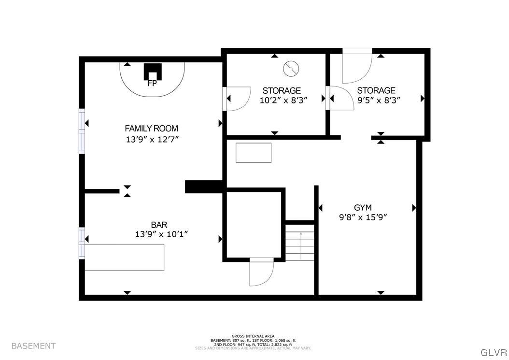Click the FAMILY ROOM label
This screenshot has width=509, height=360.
[151, 129]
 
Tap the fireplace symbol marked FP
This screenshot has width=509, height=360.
[153, 73]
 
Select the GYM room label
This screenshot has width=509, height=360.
[363, 208]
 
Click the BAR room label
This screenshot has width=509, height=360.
[159, 225]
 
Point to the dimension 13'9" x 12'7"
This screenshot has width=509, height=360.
[151, 140]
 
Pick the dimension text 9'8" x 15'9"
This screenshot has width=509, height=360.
[363, 217]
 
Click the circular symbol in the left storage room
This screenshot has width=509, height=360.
[291, 69]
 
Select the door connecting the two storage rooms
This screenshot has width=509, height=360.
[339, 99]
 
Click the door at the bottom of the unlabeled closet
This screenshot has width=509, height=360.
[261, 273]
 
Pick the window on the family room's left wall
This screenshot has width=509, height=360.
[82, 131]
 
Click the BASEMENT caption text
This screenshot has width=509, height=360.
[33, 346]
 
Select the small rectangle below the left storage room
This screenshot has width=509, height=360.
[253, 153]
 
